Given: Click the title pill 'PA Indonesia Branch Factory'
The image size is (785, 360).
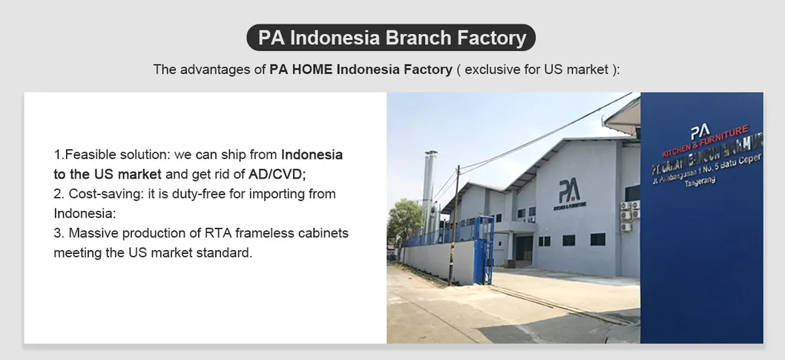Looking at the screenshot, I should click(392, 37).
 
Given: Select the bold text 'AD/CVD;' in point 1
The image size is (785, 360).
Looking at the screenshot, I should click(277, 174).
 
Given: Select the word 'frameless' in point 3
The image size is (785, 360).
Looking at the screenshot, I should click(266, 233).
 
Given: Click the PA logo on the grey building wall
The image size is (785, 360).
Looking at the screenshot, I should click(569, 192).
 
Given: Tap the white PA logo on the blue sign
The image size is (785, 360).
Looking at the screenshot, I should click(700, 131).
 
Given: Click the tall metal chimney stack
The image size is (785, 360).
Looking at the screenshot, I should click(429, 186).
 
